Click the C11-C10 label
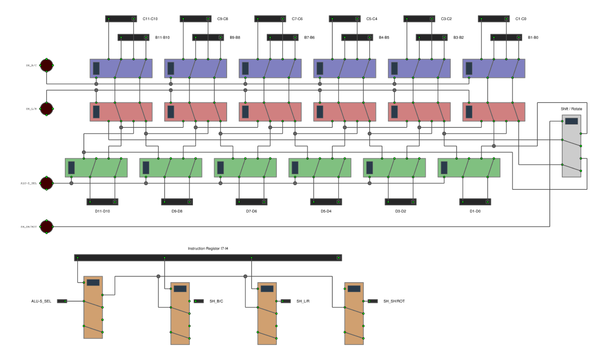pos(150,19)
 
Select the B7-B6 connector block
pos(282,37)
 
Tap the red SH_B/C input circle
pos(46,65)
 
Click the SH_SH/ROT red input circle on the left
pos(46,226)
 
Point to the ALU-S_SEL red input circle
pos(46,183)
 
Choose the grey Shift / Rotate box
pos(571,146)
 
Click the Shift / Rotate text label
pos(571,109)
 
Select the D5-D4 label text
pos(326,211)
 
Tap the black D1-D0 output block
pos(475,202)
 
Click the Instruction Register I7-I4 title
pos(208,249)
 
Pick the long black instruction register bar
pos(208,258)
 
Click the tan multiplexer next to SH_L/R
pos(267,313)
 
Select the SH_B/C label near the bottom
pos(216,301)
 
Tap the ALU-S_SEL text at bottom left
pos(41,301)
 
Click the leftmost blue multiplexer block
pos(121,68)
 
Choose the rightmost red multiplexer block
pos(493,111)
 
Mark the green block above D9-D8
pos(170,167)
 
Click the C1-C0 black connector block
pos(493,19)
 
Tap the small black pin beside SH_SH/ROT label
pos(373,301)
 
